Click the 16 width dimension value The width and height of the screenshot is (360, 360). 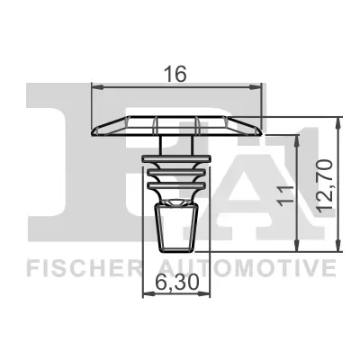click(x=176, y=75)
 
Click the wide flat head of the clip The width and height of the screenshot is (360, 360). click(x=176, y=124)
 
